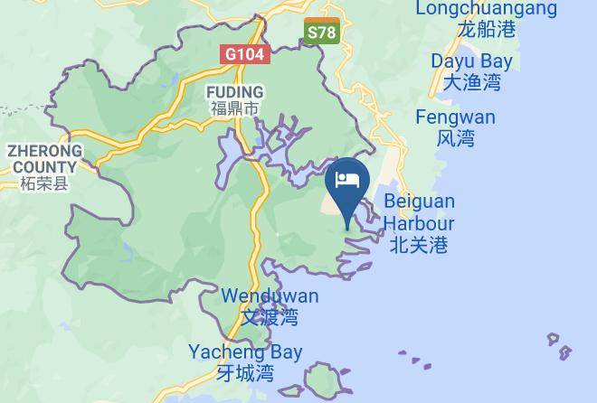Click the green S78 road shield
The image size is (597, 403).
point(321,33)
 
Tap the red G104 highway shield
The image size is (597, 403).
point(244,54)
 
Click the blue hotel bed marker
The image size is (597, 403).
point(347,179)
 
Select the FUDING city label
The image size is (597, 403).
point(234,92)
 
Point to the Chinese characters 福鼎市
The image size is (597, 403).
point(234,109)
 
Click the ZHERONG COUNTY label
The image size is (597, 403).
point(44,159)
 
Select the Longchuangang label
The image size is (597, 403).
point(486,9)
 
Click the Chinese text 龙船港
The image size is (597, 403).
point(486,29)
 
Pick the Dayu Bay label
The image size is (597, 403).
point(471,62)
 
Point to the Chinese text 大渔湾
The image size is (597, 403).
point(471,83)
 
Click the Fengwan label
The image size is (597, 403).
point(455,117)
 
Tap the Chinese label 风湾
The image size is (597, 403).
point(455,138)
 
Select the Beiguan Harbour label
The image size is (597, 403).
point(419,211)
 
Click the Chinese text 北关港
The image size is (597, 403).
point(419,244)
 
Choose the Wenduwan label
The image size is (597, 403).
point(270,296)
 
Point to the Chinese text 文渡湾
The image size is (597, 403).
point(270,317)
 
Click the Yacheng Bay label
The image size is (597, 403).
point(245,352)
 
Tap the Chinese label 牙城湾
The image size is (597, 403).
point(245,373)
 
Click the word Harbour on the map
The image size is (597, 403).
point(419,222)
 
